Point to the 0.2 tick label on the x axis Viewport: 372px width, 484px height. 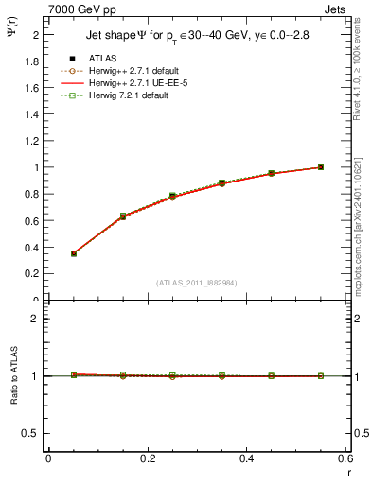point(148,458)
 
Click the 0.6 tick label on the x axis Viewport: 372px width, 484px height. point(345,458)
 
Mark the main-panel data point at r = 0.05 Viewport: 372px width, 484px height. point(74,253)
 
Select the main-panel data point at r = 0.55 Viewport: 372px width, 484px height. point(321,167)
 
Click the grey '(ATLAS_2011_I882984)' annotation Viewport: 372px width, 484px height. point(196,283)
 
